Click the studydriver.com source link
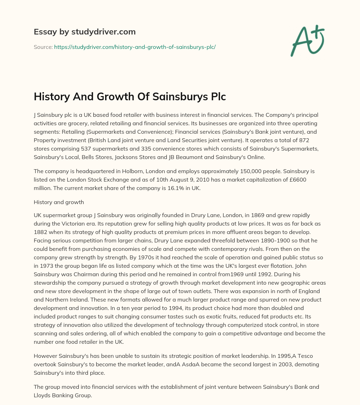(135, 47)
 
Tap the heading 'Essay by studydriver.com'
(84, 32)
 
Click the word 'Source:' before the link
(43, 47)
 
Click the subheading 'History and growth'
(59, 202)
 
